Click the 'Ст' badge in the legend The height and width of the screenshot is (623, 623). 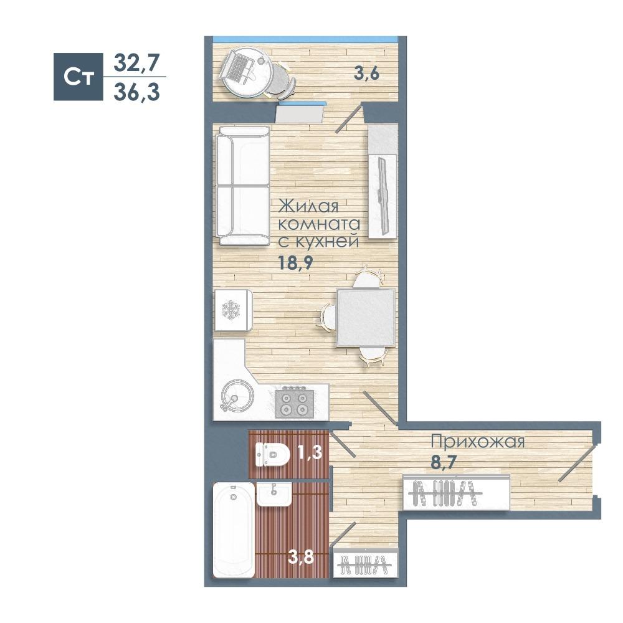click(x=78, y=77)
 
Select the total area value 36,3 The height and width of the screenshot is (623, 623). click(x=136, y=93)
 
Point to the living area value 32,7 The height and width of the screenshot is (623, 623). click(x=136, y=63)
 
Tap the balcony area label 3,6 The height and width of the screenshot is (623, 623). click(x=367, y=74)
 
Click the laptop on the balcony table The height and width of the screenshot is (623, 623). click(x=237, y=67)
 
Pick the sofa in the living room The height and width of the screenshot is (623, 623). click(x=242, y=185)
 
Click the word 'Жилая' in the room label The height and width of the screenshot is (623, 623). click(x=308, y=207)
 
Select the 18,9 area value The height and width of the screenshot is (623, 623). click(x=295, y=263)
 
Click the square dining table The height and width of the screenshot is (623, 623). click(x=366, y=318)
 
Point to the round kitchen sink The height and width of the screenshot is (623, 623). click(x=237, y=397)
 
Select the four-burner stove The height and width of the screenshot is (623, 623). click(x=295, y=404)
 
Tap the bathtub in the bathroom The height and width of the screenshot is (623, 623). click(x=234, y=530)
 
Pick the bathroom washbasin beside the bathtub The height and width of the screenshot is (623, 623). click(x=273, y=494)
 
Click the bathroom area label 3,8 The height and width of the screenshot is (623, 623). click(x=301, y=557)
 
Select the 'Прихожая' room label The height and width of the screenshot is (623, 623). click(x=478, y=442)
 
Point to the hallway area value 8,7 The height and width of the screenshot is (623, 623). click(x=444, y=462)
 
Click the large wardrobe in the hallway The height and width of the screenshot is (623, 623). click(x=456, y=492)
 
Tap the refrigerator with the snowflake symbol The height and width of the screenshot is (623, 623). click(x=232, y=310)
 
